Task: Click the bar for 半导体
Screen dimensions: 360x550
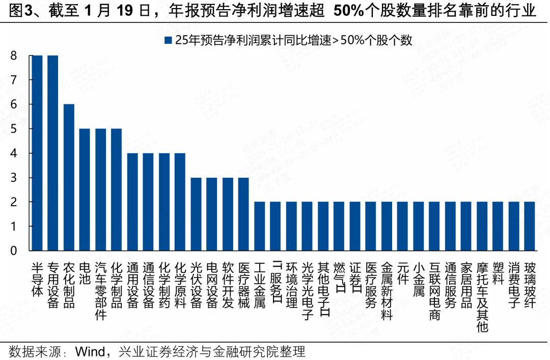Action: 37,153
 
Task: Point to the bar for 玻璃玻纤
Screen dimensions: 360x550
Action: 530,226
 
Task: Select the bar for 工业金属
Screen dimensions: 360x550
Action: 259,226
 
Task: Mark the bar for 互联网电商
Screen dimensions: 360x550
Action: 434,226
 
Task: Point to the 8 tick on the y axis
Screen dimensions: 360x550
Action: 14,56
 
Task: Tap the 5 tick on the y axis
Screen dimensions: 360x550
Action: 14,129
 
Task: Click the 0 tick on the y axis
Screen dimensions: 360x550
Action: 14,251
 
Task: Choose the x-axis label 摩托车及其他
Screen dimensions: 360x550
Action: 482,297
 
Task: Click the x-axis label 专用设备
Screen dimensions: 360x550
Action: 52,286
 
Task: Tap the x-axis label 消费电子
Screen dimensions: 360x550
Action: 513,286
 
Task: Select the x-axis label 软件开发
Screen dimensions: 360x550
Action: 228,286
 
